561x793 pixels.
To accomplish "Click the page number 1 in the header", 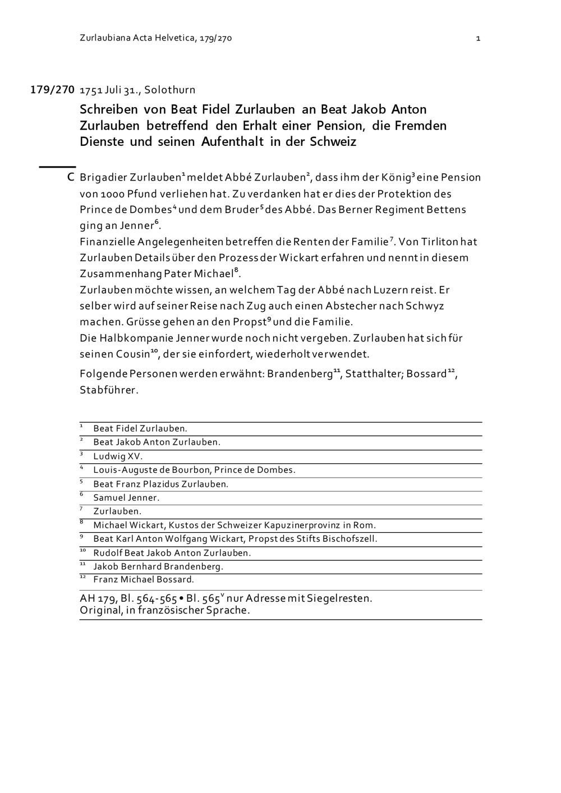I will [478, 38].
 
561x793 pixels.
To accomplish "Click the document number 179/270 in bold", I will [52, 90].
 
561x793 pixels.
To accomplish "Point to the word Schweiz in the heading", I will [333, 141].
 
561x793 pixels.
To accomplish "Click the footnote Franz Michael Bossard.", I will [144, 579].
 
